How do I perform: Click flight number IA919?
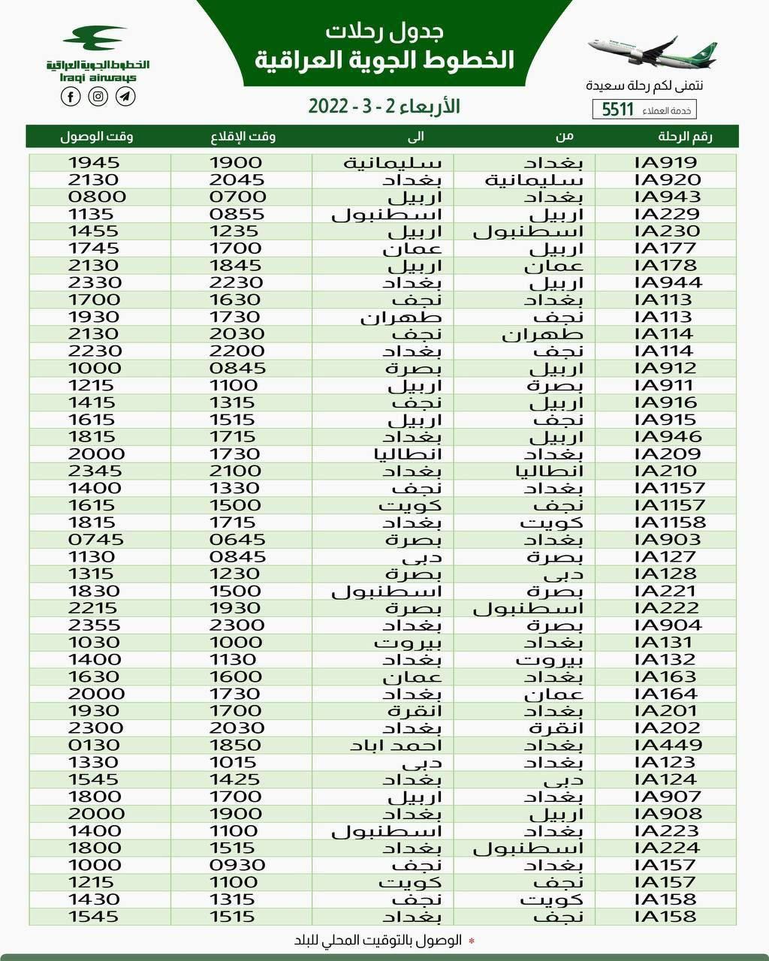666,162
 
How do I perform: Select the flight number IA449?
668,745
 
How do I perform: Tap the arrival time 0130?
94,745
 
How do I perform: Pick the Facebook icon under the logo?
71,96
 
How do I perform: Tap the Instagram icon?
98,96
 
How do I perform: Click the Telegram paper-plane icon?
126,96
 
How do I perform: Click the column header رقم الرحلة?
685,136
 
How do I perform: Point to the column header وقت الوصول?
97,136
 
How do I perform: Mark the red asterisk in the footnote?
472,941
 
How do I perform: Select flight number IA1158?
671,522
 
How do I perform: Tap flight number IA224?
668,848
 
